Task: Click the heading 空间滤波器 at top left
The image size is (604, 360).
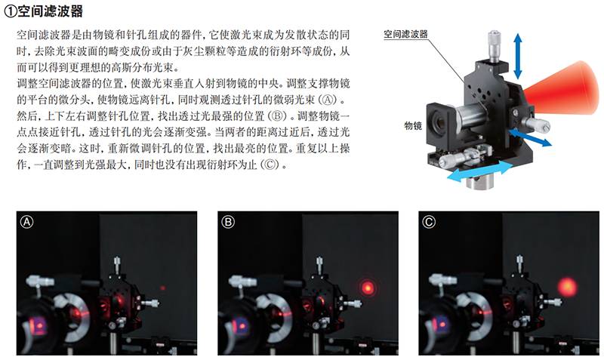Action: (x=50, y=11)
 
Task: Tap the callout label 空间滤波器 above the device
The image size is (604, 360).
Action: (x=405, y=34)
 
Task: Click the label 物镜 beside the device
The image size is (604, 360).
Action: (x=413, y=125)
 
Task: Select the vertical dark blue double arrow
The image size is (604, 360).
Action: (x=518, y=56)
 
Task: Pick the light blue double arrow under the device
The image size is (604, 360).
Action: (x=479, y=171)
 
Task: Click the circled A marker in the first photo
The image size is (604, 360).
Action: (x=26, y=222)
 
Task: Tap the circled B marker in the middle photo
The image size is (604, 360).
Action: (x=228, y=222)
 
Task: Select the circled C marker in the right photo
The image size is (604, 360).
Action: (x=429, y=222)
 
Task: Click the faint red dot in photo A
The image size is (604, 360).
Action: (x=163, y=288)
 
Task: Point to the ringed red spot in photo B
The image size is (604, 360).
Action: (x=368, y=288)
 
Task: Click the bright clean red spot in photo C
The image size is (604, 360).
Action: (x=568, y=287)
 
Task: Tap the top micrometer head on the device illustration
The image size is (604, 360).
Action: (x=495, y=46)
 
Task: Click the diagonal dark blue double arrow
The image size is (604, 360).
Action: (x=530, y=137)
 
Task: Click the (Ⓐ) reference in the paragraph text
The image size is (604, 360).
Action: (x=328, y=100)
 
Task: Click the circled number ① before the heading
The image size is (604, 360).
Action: (x=11, y=11)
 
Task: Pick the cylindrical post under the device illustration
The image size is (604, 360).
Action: (x=481, y=181)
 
